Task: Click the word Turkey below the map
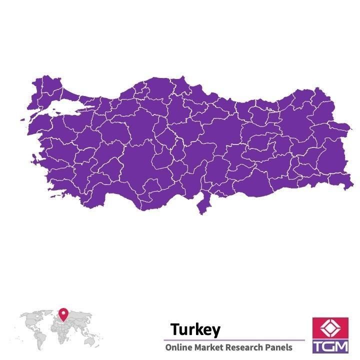click(x=194, y=329)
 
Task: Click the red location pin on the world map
click(x=63, y=314)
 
